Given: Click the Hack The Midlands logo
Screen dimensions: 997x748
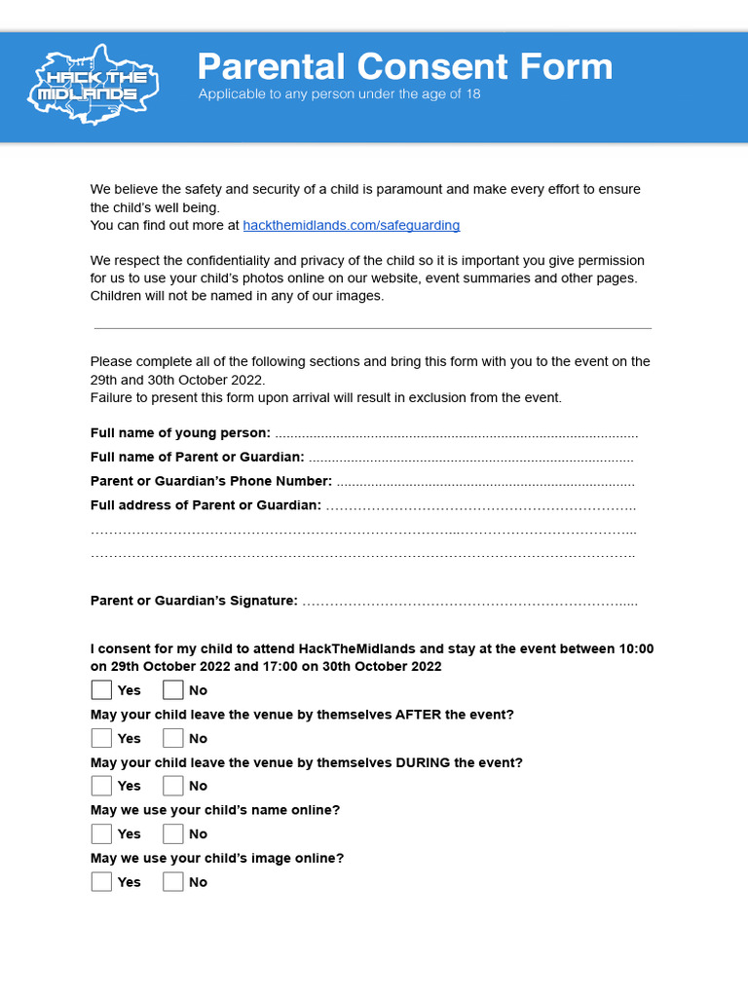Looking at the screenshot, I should pyautogui.click(x=93, y=86).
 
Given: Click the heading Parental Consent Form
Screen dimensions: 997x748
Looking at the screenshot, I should pyautogui.click(x=405, y=67).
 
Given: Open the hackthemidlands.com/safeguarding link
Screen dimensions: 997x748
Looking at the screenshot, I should pyautogui.click(x=351, y=225).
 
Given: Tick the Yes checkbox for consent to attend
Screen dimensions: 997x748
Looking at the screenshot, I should pyautogui.click(x=101, y=690).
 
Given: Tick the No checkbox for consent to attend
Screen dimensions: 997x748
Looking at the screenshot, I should pyautogui.click(x=173, y=690).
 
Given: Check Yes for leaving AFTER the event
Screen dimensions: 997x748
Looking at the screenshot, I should pyautogui.click(x=101, y=738).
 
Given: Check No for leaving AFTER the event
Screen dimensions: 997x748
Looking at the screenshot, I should pyautogui.click(x=173, y=738).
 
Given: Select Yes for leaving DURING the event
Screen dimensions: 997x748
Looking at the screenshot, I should pyautogui.click(x=101, y=786).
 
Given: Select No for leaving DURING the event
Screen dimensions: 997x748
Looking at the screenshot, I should pyautogui.click(x=173, y=786).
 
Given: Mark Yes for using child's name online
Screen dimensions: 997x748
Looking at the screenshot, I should pyautogui.click(x=101, y=833).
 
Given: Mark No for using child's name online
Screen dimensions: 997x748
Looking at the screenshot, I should pyautogui.click(x=173, y=833).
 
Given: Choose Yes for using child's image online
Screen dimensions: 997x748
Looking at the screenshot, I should pyautogui.click(x=101, y=882).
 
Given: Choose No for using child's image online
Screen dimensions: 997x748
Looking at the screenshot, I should pyautogui.click(x=173, y=882).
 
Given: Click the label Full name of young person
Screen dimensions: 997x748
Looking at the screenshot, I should pyautogui.click(x=180, y=433).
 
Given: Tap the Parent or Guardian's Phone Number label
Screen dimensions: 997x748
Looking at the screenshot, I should pyautogui.click(x=211, y=481).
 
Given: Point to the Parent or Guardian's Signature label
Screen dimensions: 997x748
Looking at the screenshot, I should pyautogui.click(x=194, y=601).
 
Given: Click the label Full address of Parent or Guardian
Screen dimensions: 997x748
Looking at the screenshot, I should pyautogui.click(x=206, y=505).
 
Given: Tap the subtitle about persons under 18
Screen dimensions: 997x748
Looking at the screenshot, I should pyautogui.click(x=339, y=94).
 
